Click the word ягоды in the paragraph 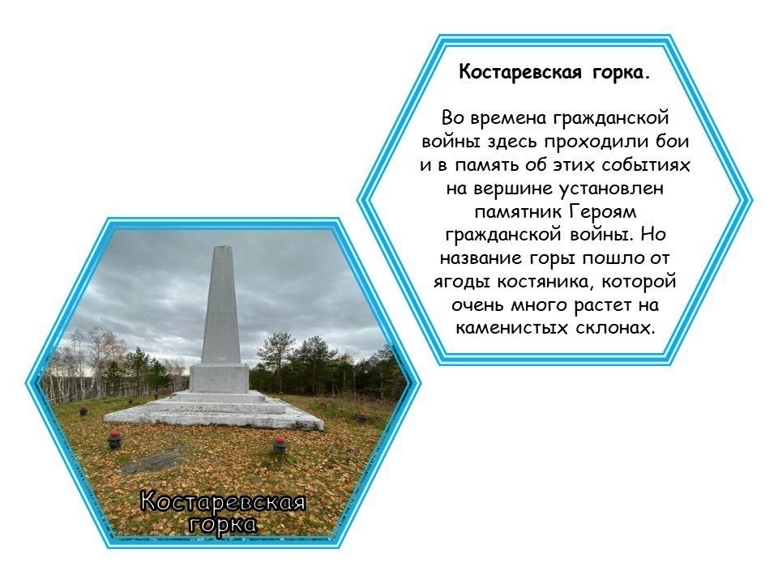coord(458,282)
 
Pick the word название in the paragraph coord(479,258)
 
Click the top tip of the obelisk coord(220,247)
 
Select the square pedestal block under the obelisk coord(220,377)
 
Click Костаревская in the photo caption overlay coord(222,501)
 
